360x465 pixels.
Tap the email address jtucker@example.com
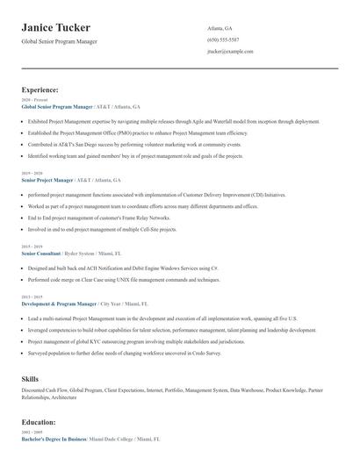pos(230,52)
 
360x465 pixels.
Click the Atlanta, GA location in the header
pos(220,28)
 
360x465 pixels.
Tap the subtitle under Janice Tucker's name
pos(59,41)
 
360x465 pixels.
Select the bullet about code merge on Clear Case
pos(123,279)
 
